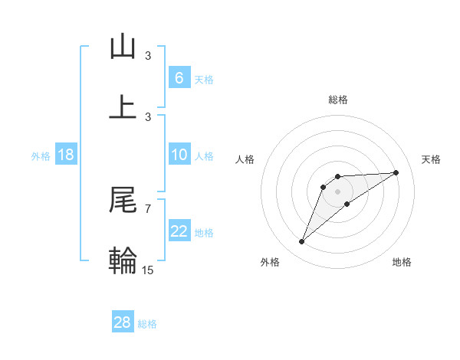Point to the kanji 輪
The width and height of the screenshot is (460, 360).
tap(123, 260)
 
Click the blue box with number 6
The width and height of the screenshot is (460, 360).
tap(179, 78)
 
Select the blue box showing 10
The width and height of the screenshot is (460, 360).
tap(179, 155)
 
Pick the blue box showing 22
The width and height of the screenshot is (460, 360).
tap(179, 231)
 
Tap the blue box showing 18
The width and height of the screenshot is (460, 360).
tap(66, 155)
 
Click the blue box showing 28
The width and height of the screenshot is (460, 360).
tap(123, 322)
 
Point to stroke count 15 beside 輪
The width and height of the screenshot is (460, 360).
tap(149, 270)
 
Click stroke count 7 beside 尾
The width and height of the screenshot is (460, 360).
tap(147, 208)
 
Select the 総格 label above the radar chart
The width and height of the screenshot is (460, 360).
tap(337, 100)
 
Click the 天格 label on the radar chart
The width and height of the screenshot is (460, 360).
tap(431, 159)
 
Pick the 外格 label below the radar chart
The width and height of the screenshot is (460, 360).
tap(270, 262)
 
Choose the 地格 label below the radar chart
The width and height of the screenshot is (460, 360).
tap(402, 262)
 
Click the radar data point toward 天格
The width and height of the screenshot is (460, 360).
tap(396, 172)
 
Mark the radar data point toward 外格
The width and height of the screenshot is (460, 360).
tap(301, 242)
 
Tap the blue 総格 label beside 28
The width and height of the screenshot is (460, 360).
tap(147, 324)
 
